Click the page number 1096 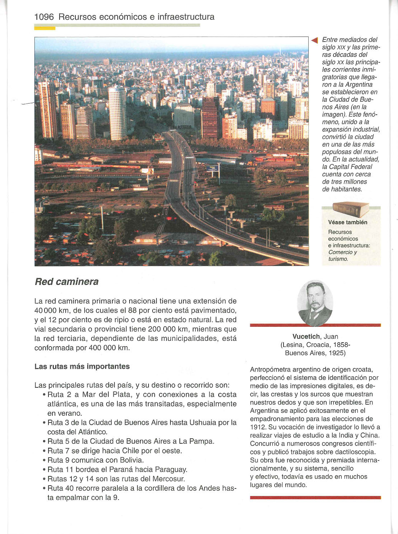(44, 17)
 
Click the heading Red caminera (66, 282)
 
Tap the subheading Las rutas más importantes (82, 366)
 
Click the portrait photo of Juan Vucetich (315, 303)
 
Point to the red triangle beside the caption (315, 40)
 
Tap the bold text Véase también (347, 222)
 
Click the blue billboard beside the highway (212, 168)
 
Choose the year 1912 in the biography (257, 427)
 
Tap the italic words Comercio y (342, 252)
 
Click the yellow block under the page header (45, 28)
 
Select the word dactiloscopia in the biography (356, 452)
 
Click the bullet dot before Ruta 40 (43, 488)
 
